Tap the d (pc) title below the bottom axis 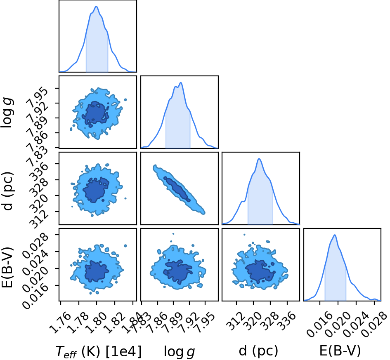[258, 351]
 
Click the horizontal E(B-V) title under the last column [340, 351]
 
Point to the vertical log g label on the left [7, 113]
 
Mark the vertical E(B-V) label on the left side [7, 267]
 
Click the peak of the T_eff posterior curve [96, 7]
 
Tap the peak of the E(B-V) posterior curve [335, 235]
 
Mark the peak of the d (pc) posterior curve [259, 158]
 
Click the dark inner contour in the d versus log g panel [177, 188]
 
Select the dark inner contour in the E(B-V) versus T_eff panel [96, 271]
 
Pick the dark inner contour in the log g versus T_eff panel [96, 113]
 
